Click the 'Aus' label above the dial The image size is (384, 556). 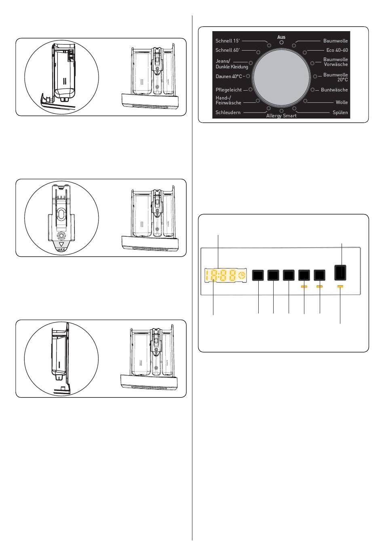coord(281,37)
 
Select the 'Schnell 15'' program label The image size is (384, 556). coord(228,41)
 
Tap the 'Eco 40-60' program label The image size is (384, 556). coord(337,50)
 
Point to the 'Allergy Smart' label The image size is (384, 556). coord(281,116)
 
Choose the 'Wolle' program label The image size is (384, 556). coord(342,102)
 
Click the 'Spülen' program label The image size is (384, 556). coord(340,112)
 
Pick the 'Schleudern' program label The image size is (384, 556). coord(228,112)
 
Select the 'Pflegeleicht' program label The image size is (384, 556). coord(228,90)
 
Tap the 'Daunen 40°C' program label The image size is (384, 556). coord(228,76)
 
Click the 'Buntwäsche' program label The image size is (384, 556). coord(334,90)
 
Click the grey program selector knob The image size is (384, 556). coord(281,77)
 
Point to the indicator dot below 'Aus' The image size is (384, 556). coord(281,42)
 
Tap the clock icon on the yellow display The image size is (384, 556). coord(242,275)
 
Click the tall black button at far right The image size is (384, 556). coord(340,273)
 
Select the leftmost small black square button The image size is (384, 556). coord(258,275)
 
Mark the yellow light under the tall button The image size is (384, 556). coord(340,286)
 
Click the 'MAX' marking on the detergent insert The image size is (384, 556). coord(61,250)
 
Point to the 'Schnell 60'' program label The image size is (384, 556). coord(228,50)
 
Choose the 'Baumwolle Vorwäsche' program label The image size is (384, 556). coord(335,62)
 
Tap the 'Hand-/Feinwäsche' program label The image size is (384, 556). coord(228,100)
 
